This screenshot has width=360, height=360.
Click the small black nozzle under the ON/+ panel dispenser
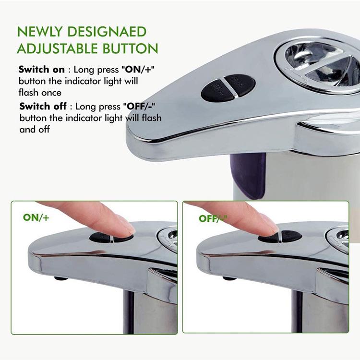tap(60, 278)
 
